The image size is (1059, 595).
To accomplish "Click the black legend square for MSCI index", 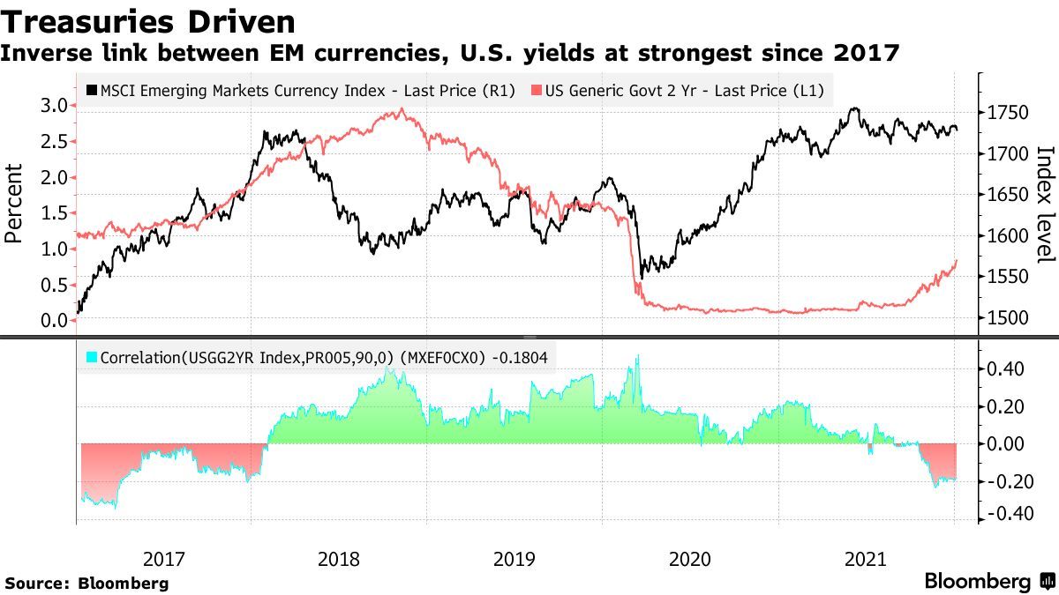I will pyautogui.click(x=92, y=90).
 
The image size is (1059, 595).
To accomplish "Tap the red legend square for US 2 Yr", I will pyautogui.click(x=536, y=90).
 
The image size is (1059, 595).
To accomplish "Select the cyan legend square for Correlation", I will pyautogui.click(x=92, y=359).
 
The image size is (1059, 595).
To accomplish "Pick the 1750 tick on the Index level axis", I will pyautogui.click(x=1008, y=113).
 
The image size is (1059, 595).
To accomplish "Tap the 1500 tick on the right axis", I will pyautogui.click(x=1008, y=318).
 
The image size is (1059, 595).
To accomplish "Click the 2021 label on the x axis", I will pyautogui.click(x=866, y=559).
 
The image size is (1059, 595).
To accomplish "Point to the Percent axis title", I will pyautogui.click(x=14, y=204).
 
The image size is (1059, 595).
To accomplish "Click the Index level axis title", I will pyautogui.click(x=1044, y=204).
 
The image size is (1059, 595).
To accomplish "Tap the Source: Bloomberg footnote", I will pyautogui.click(x=86, y=583).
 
